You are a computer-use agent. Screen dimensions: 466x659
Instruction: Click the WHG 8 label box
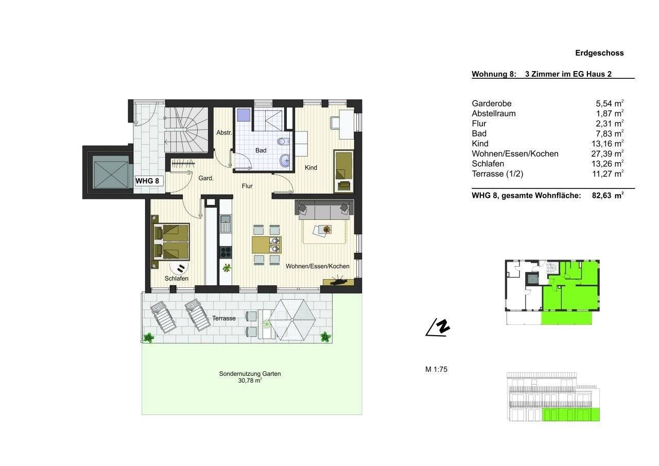149,181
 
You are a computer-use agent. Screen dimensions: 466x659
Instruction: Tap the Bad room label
261,150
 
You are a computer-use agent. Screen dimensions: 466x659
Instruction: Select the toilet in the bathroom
281,141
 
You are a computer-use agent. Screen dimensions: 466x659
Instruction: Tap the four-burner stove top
226,252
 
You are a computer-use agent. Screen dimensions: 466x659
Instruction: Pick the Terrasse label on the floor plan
223,318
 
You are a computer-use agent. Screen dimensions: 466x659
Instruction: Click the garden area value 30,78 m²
250,381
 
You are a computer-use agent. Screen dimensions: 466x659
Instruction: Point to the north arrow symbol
438,327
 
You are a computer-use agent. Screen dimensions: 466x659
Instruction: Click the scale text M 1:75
436,369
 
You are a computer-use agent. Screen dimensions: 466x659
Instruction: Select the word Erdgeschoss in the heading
599,53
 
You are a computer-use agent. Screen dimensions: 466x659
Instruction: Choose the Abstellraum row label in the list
493,113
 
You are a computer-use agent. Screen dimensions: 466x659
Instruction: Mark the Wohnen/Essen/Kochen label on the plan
318,266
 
